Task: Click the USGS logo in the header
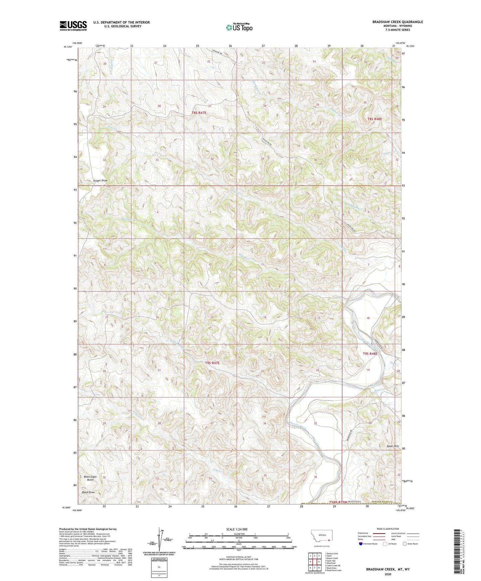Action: click(x=73, y=26)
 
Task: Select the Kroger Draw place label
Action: click(x=100, y=181)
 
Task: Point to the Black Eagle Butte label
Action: click(x=90, y=478)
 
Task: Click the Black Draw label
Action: click(x=88, y=492)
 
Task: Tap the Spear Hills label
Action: click(x=392, y=446)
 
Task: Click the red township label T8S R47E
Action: click(x=199, y=113)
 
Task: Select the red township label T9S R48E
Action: click(x=370, y=354)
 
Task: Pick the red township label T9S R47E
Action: click(x=213, y=363)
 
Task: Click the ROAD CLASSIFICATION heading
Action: click(x=387, y=529)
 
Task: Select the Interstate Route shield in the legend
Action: click(x=361, y=544)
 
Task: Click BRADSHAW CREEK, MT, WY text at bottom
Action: click(x=387, y=569)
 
